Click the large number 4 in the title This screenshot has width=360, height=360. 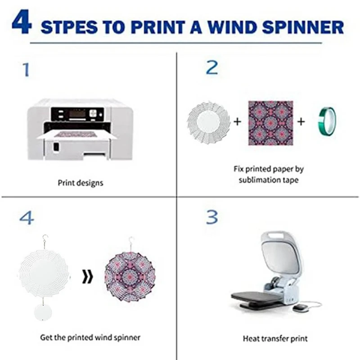pos(21,22)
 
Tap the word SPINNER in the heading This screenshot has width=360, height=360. pos(303,27)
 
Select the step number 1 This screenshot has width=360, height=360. pos(26,70)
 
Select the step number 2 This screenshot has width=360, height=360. pos(212,67)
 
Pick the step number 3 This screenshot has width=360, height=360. pos(211,217)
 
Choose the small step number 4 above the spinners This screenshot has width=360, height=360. pos(27,218)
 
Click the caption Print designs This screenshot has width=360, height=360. pos(81,183)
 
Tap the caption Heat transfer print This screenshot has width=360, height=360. pos(275,339)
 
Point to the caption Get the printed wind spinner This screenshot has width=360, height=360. pos(90,337)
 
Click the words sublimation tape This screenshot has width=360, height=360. pos(268,180)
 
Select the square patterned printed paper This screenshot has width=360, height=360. pos(271,123)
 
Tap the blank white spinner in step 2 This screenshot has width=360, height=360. pos(208,122)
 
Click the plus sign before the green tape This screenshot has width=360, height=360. pos(301,121)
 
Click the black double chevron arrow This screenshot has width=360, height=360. pos(87,276)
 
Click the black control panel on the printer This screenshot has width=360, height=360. pos(77,114)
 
